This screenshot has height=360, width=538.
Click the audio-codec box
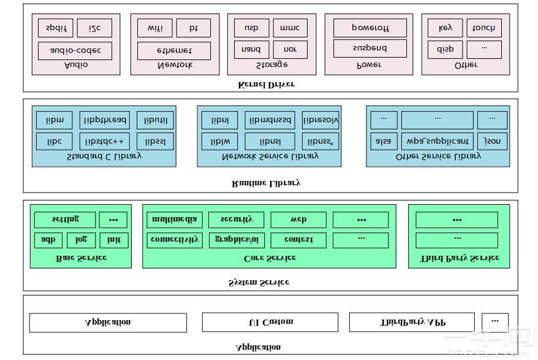[75, 50]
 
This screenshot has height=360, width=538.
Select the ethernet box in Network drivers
[174, 50]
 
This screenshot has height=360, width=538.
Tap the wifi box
[154, 28]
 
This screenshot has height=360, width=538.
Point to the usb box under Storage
[251, 28]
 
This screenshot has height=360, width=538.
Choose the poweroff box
[369, 28]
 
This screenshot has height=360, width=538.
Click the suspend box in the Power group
[369, 48]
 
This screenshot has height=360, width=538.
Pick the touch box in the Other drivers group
[484, 28]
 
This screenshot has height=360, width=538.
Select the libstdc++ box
[105, 141]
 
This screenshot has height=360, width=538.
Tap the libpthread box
[105, 120]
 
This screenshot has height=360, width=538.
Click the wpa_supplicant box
[437, 141]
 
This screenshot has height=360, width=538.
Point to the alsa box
[384, 141]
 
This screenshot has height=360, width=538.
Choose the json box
[492, 141]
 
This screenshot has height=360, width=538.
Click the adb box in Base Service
[48, 240]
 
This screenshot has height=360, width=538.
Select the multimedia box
[175, 220]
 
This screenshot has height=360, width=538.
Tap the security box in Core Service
[236, 220]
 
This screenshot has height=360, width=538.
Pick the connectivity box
[175, 240]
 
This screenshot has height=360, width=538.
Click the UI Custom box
[270, 322]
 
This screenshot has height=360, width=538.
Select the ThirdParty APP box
[411, 322]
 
